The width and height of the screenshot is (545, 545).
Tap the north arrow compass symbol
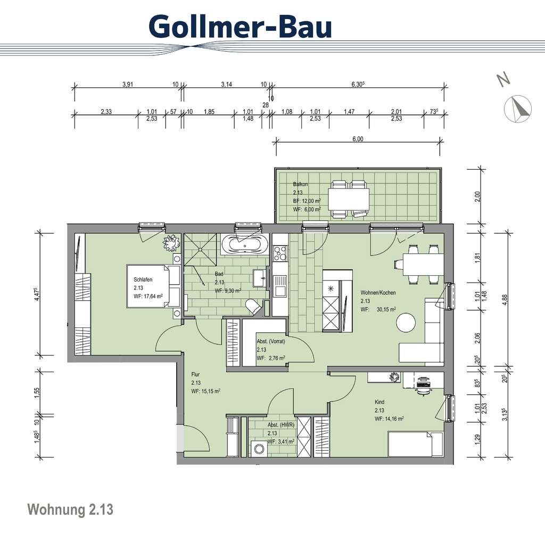(517, 109)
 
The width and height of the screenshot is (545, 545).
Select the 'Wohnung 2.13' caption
(70, 509)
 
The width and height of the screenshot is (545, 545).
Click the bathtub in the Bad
(244, 245)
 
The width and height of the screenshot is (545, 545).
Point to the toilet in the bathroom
(253, 306)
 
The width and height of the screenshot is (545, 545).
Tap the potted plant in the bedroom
(171, 243)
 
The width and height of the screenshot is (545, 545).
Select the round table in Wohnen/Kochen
(407, 323)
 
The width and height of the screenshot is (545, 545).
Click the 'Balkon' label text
(300, 184)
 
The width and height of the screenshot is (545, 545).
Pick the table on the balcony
(349, 200)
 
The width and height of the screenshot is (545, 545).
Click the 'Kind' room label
(379, 402)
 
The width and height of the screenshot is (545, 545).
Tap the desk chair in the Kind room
(423, 385)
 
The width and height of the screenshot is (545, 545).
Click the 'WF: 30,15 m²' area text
(378, 309)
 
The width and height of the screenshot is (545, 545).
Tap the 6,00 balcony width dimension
(358, 139)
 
